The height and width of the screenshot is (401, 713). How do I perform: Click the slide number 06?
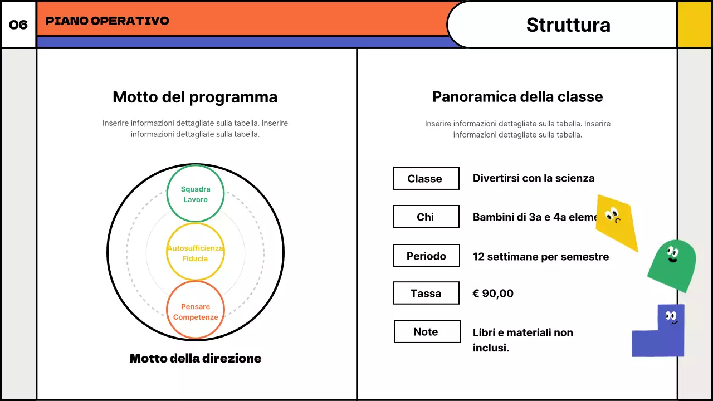pos(18,25)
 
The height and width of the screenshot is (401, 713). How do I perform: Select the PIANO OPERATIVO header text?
pos(108,21)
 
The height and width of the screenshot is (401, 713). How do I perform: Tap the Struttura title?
pos(568,25)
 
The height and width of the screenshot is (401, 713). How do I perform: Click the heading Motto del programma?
pos(195,97)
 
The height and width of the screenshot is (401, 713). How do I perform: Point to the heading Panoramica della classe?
pos(517,97)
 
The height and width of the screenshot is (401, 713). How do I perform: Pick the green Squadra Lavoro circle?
pos(196,194)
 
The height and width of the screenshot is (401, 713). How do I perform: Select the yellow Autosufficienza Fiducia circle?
pos(196,253)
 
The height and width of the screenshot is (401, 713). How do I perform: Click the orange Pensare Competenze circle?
pos(196,311)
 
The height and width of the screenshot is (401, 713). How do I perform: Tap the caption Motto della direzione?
pos(195,358)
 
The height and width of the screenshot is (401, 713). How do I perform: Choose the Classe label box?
pos(426,178)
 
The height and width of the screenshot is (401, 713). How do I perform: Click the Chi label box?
pos(426,217)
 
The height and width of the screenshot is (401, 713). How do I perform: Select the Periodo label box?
pos(426,256)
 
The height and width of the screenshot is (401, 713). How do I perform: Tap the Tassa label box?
pos(426,293)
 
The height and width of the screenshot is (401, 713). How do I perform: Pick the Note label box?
pos(427,331)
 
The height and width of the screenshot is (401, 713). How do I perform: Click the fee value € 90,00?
pos(493,294)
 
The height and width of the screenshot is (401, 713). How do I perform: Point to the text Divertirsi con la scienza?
pos(534,178)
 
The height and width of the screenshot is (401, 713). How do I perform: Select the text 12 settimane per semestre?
pos(540,257)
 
